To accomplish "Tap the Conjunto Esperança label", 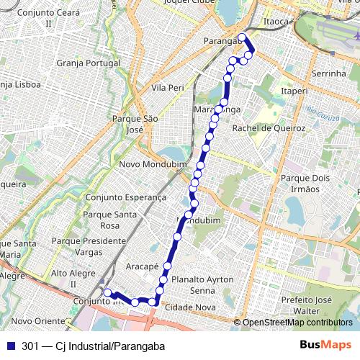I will coord(125,197).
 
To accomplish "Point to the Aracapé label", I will coord(142,266).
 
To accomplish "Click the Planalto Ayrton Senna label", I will coord(203,284).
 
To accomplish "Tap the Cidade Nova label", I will coord(190,307).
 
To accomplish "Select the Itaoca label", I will coord(276,23).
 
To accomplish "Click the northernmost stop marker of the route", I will coord(242,37).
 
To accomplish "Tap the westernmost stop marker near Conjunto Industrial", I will coord(107,292).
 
